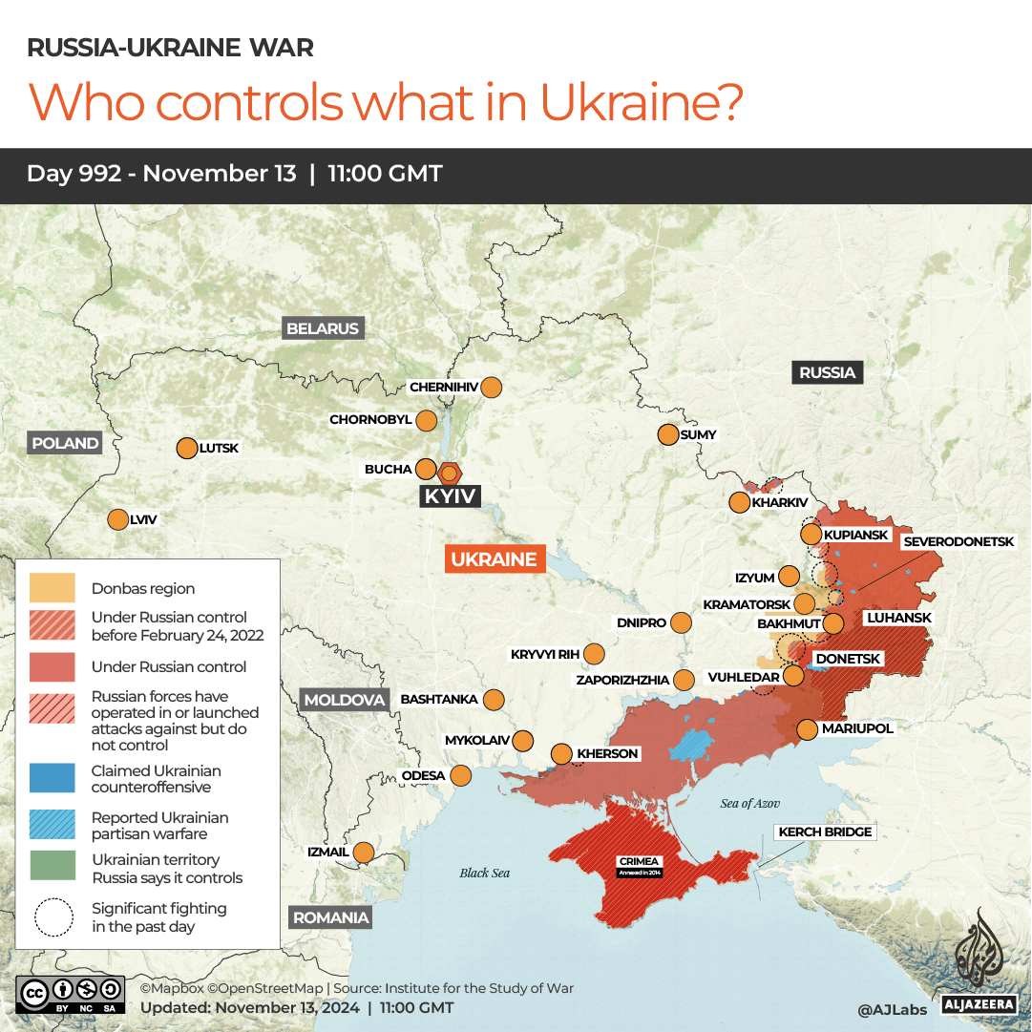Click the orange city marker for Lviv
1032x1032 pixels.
[117, 520]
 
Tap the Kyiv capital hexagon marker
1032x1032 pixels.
[450, 472]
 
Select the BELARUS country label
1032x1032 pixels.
[323, 328]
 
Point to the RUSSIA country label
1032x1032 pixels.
[827, 372]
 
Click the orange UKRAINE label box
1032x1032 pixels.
[495, 559]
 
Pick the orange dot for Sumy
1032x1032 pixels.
[667, 434]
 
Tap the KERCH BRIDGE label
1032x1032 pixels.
[825, 832]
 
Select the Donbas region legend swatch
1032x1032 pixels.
[53, 588]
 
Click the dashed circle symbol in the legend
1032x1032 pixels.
[53, 917]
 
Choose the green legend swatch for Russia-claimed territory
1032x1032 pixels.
[53, 866]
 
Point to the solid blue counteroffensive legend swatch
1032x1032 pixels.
[53, 778]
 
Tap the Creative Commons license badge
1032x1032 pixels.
[70, 994]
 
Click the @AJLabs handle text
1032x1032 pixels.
[892, 1008]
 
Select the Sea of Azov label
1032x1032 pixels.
[750, 804]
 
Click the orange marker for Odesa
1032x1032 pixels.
[460, 775]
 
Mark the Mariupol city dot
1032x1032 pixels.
[807, 729]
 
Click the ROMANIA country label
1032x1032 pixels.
[330, 917]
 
